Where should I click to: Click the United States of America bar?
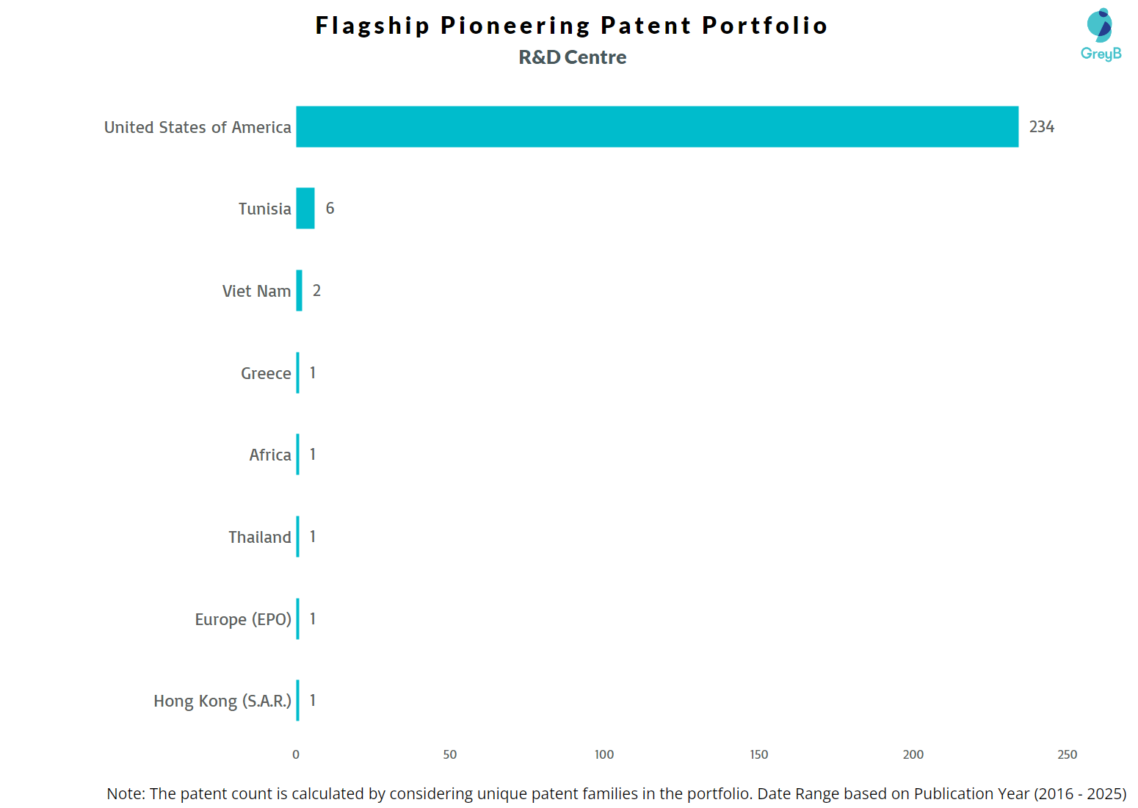point(657,126)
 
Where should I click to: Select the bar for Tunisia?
point(305,209)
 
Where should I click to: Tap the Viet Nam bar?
point(299,291)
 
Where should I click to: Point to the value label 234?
point(1041,127)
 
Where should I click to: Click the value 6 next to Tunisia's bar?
point(330,209)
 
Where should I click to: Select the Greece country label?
point(266,373)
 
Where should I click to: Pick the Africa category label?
point(270,455)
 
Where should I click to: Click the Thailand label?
point(260,537)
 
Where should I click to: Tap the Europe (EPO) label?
point(243,619)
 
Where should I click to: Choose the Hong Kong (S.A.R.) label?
point(222,701)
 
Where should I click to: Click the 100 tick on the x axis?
point(604,754)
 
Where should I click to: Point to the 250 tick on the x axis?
point(1067,754)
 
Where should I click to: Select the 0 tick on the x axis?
point(296,754)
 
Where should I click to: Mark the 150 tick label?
point(758,754)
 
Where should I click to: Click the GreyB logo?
point(1101,35)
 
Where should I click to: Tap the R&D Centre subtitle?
point(573,57)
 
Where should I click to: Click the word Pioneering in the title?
point(515,26)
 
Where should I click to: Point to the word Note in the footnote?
point(124,794)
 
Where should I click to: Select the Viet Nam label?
point(256,291)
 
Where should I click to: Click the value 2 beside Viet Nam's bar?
point(316,291)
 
